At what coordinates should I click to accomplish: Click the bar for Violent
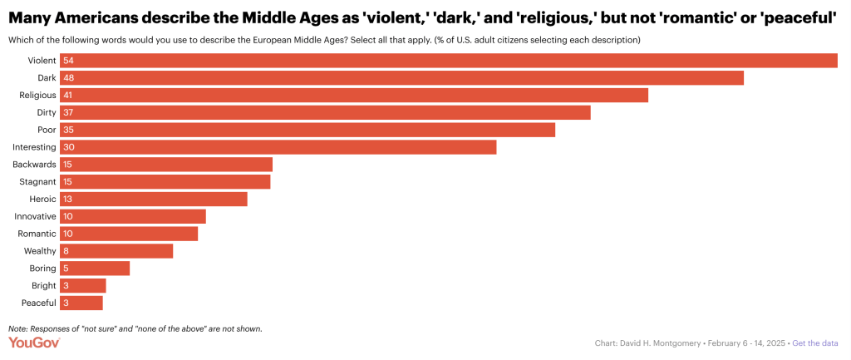pyautogui.click(x=449, y=60)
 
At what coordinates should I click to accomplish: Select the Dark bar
pyautogui.click(x=402, y=77)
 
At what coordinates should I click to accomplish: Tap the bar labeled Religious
pyautogui.click(x=354, y=95)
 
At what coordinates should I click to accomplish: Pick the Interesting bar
pyautogui.click(x=278, y=147)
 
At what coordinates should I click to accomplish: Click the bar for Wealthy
pyautogui.click(x=116, y=251)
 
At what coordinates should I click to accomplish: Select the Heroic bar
pyautogui.click(x=154, y=199)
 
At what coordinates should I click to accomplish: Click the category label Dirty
pyautogui.click(x=47, y=112)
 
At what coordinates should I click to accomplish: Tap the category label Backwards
pyautogui.click(x=35, y=164)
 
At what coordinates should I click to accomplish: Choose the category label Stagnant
pyautogui.click(x=37, y=181)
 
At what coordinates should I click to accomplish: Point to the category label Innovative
pyautogui.click(x=35, y=216)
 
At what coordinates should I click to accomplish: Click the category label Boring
pyautogui.click(x=42, y=268)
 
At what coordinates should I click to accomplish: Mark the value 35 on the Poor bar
pyautogui.click(x=68, y=130)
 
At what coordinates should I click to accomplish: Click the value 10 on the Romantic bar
pyautogui.click(x=68, y=234)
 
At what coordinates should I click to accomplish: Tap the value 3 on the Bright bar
pyautogui.click(x=66, y=285)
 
